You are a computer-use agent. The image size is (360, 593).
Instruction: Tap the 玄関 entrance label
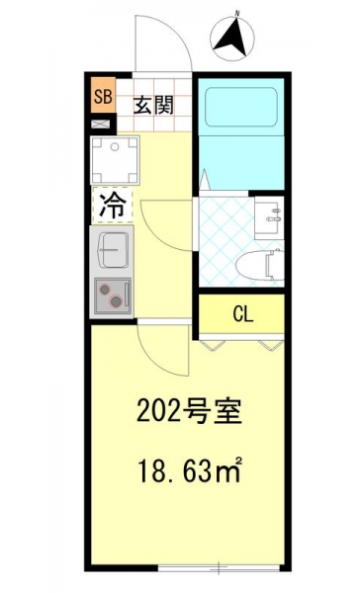(x=153, y=106)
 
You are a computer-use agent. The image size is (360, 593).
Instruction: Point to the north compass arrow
(x=231, y=38)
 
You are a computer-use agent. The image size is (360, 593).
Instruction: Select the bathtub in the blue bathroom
(x=241, y=108)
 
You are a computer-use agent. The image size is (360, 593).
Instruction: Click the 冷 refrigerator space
(x=112, y=205)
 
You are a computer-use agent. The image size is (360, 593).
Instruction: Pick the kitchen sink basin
(x=113, y=250)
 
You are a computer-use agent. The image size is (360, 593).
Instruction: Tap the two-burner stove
(x=113, y=296)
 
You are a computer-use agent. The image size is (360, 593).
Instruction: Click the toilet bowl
(x=260, y=265)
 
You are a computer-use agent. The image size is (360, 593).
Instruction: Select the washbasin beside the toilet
(x=269, y=217)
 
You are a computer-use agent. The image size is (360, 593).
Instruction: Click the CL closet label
(x=243, y=314)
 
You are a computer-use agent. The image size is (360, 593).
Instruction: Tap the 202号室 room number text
(x=189, y=411)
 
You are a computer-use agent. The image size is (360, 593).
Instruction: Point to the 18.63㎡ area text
(x=190, y=470)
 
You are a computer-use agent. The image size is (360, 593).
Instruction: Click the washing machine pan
(x=115, y=161)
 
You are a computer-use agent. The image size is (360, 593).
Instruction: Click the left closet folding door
(x=212, y=345)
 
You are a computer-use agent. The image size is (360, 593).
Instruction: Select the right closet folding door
(x=271, y=345)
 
